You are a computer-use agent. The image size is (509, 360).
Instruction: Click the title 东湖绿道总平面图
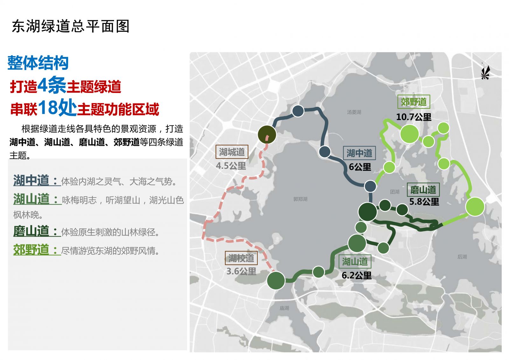click(x=71, y=26)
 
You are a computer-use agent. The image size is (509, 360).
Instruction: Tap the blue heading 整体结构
click(x=38, y=63)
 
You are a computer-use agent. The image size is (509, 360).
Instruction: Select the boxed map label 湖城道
click(x=232, y=152)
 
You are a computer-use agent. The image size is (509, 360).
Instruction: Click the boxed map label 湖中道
click(x=359, y=153)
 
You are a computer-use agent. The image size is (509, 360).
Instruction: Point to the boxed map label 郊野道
click(x=414, y=102)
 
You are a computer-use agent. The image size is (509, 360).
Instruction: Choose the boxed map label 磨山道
click(x=423, y=190)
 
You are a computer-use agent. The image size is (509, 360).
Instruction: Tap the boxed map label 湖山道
click(x=355, y=262)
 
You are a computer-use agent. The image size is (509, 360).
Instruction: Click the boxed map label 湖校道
click(x=241, y=258)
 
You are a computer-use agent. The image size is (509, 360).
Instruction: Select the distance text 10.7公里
click(x=414, y=117)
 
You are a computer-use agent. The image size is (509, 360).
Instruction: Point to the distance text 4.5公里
click(x=231, y=166)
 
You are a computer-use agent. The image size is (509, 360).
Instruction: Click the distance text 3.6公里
click(x=241, y=272)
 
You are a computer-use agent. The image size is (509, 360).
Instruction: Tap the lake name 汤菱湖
click(x=354, y=112)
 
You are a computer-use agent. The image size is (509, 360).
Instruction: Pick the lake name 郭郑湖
click(x=300, y=199)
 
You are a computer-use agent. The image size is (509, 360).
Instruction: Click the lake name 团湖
click(x=394, y=192)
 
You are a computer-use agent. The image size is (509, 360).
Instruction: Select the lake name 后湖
click(x=462, y=257)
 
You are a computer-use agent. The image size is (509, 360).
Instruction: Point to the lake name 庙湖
click(x=284, y=308)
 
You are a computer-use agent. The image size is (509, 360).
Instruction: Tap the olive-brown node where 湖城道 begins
click(x=267, y=134)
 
